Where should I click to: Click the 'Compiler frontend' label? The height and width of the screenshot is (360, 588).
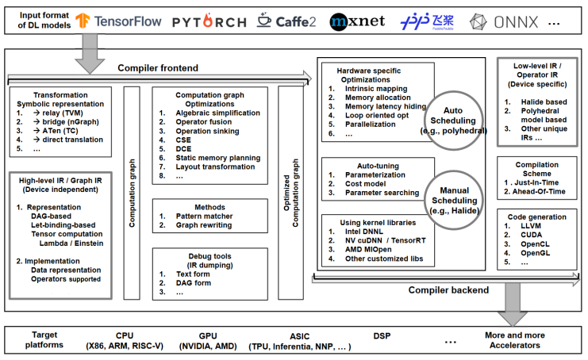[148, 68]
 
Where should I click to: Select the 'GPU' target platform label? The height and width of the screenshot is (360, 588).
[206, 335]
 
